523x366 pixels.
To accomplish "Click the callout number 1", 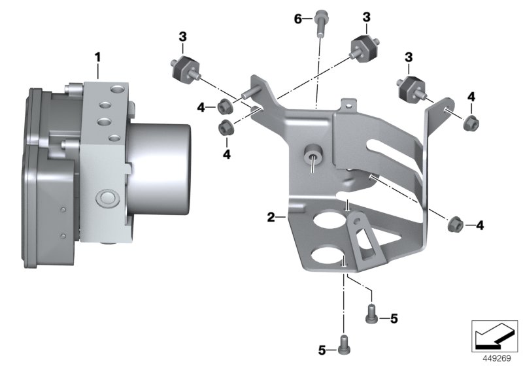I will [97, 58].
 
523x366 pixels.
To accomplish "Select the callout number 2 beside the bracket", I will [271, 216].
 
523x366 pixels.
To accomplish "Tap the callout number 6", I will [298, 19].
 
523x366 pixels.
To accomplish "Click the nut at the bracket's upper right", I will [469, 122].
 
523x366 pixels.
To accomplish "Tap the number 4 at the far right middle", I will [480, 225].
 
